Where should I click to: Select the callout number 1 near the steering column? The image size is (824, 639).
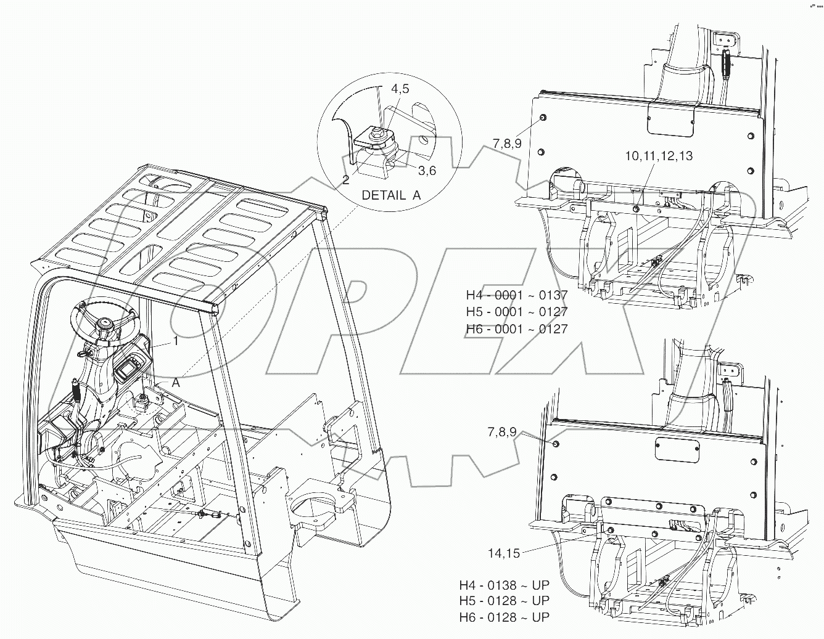coord(175,340)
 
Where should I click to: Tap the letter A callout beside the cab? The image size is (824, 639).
coord(176,382)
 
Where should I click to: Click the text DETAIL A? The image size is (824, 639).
coord(391,195)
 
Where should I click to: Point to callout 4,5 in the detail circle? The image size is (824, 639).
coord(399,89)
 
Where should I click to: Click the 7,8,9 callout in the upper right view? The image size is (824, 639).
coord(507,144)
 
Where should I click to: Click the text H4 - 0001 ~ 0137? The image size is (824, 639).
coord(517,296)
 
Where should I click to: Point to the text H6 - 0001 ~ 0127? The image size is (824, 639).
coord(517,328)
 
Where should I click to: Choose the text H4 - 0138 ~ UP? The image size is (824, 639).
coord(504,585)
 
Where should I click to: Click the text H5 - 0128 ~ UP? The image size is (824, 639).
coord(504,601)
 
